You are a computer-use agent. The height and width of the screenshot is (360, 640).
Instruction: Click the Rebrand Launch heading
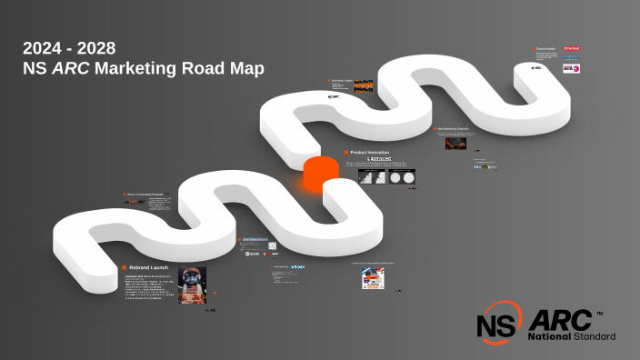(149, 267)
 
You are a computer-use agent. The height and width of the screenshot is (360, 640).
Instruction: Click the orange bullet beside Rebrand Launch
(124, 267)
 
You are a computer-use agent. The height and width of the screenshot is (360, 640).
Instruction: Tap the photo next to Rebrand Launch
(193, 285)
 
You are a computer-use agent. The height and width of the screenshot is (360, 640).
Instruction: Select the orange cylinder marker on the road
(320, 174)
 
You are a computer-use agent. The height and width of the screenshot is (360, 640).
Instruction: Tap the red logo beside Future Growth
(571, 49)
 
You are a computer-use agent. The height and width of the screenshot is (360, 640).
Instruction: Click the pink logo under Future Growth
(571, 67)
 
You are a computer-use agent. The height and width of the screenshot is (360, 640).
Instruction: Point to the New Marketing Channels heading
(454, 129)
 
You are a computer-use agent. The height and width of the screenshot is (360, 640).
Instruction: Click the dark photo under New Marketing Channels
(455, 144)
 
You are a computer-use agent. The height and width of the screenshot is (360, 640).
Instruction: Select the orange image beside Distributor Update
(363, 87)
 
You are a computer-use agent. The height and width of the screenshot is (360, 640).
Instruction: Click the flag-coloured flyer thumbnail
(374, 278)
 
